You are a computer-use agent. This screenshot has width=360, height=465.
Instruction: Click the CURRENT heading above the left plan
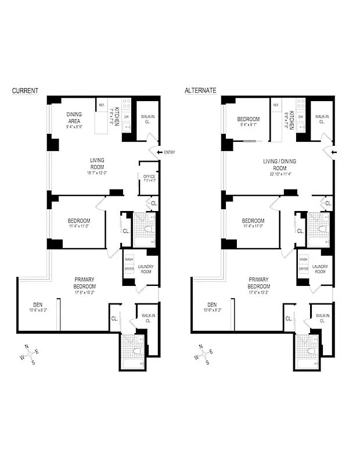26,91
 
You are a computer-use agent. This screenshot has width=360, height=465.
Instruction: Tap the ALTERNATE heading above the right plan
200,91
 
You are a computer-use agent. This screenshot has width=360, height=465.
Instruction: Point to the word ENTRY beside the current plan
169,152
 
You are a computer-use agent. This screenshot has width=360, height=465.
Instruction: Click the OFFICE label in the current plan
149,177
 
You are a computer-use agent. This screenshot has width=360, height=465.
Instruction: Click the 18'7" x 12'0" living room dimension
97,173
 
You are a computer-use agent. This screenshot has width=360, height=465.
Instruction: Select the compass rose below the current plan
30,353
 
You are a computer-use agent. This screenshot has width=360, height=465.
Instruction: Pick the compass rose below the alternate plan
203,353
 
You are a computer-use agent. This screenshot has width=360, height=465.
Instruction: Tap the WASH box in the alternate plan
303,259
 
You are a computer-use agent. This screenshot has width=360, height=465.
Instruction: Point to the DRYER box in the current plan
129,269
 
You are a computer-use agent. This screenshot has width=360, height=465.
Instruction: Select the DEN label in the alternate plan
211,304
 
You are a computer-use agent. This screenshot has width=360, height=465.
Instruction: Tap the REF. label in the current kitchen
102,105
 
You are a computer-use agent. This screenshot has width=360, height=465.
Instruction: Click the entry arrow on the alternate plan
333,153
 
